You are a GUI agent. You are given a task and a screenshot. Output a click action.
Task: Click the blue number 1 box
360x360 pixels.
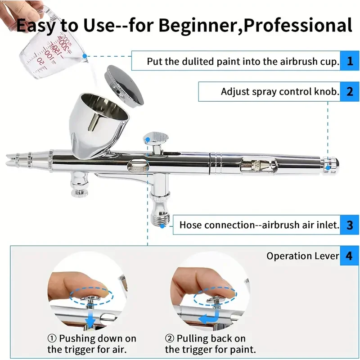click(x=350, y=61)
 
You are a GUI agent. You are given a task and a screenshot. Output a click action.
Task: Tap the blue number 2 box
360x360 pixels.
click(x=350, y=91)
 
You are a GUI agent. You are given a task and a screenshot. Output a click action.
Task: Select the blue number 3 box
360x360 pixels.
click(x=350, y=225)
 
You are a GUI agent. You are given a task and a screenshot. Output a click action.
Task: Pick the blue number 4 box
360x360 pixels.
click(x=349, y=256)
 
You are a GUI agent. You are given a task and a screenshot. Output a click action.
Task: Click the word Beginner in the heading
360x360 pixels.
click(x=199, y=25)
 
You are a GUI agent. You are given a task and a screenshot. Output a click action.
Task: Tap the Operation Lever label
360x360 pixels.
click(x=302, y=256)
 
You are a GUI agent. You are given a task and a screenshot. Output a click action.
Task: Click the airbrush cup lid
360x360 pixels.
click(x=124, y=85)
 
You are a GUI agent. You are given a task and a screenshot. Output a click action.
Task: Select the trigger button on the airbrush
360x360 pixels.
click(x=156, y=138)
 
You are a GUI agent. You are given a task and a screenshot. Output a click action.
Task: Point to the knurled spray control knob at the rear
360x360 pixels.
click(x=331, y=164)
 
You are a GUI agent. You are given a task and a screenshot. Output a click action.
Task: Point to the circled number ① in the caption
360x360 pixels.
click(x=52, y=338)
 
